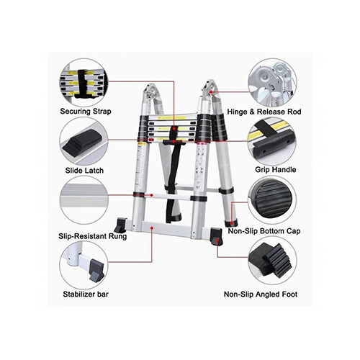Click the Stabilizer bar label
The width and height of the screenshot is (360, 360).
[x=86, y=294]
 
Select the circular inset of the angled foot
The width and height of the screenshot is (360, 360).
[x=274, y=264]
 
